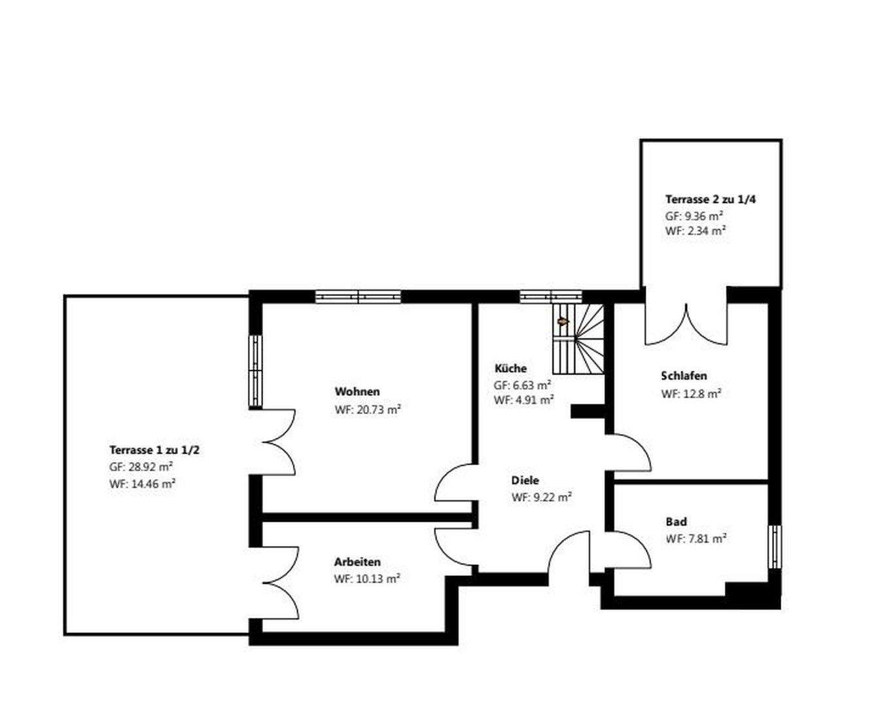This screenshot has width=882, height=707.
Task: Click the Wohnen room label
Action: click(x=357, y=391)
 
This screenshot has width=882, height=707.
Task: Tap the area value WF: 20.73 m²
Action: click(x=367, y=410)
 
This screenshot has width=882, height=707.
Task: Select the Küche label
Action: click(x=510, y=369)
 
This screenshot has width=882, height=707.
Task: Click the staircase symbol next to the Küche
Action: click(x=578, y=339)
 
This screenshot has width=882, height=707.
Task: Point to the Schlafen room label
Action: click(x=684, y=376)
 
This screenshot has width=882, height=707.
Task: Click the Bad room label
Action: click(x=676, y=522)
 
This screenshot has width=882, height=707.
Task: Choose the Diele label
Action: click(x=525, y=480)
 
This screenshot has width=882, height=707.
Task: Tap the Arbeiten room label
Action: click(x=357, y=562)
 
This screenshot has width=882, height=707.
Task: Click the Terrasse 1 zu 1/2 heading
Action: click(x=154, y=450)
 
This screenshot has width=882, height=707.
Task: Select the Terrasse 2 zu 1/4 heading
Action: click(x=710, y=199)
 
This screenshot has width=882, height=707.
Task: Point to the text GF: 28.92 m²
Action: click(x=141, y=467)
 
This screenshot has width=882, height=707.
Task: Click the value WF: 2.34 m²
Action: click(x=695, y=231)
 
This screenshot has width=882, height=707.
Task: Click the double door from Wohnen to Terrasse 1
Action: click(x=278, y=443)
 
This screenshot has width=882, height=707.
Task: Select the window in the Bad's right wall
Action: click(x=774, y=547)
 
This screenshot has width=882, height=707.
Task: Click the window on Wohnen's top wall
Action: click(x=358, y=297)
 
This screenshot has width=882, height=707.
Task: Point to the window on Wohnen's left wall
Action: click(x=255, y=371)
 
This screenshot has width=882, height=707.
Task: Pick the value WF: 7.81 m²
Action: click(x=696, y=539)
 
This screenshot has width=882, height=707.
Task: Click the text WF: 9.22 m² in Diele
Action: click(x=541, y=498)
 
